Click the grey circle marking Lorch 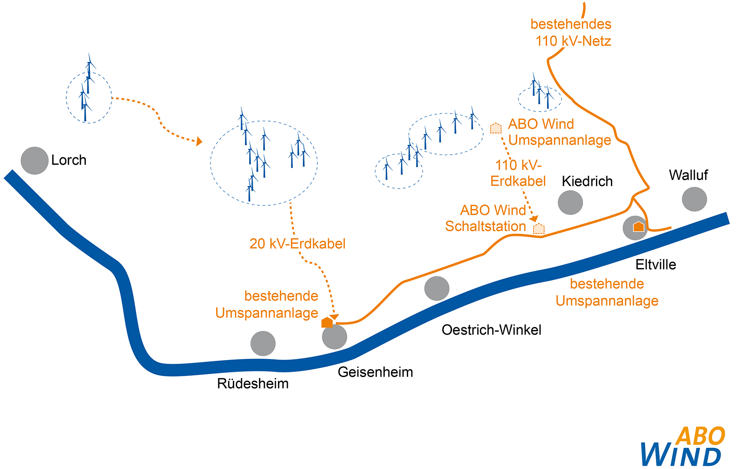(35, 161)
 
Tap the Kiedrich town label (587, 181)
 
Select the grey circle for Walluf (694, 199)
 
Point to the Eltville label (656, 265)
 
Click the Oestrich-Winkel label (491, 330)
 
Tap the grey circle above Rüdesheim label (263, 343)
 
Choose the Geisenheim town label (375, 372)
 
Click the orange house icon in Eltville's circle (638, 227)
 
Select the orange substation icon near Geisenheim (327, 323)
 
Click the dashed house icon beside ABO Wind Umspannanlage (496, 128)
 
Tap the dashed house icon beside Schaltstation (539, 228)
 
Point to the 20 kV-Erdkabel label (297, 244)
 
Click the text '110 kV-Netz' (573, 41)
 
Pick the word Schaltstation (485, 226)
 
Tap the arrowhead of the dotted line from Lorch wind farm (199, 141)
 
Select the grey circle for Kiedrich (570, 203)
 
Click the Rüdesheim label (253, 384)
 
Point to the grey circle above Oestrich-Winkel (436, 288)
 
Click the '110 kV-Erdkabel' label (518, 173)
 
